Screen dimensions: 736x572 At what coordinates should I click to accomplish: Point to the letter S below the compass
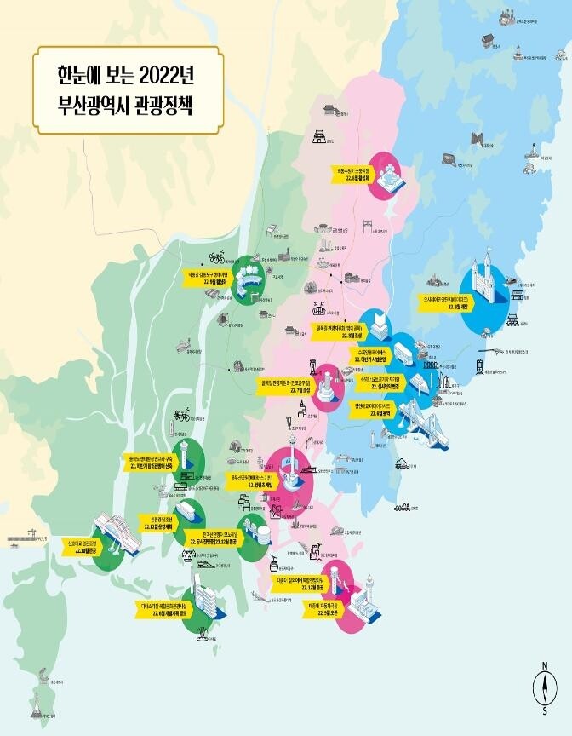[543, 710]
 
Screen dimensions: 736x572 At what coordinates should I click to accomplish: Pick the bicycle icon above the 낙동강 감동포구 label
[216, 256]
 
